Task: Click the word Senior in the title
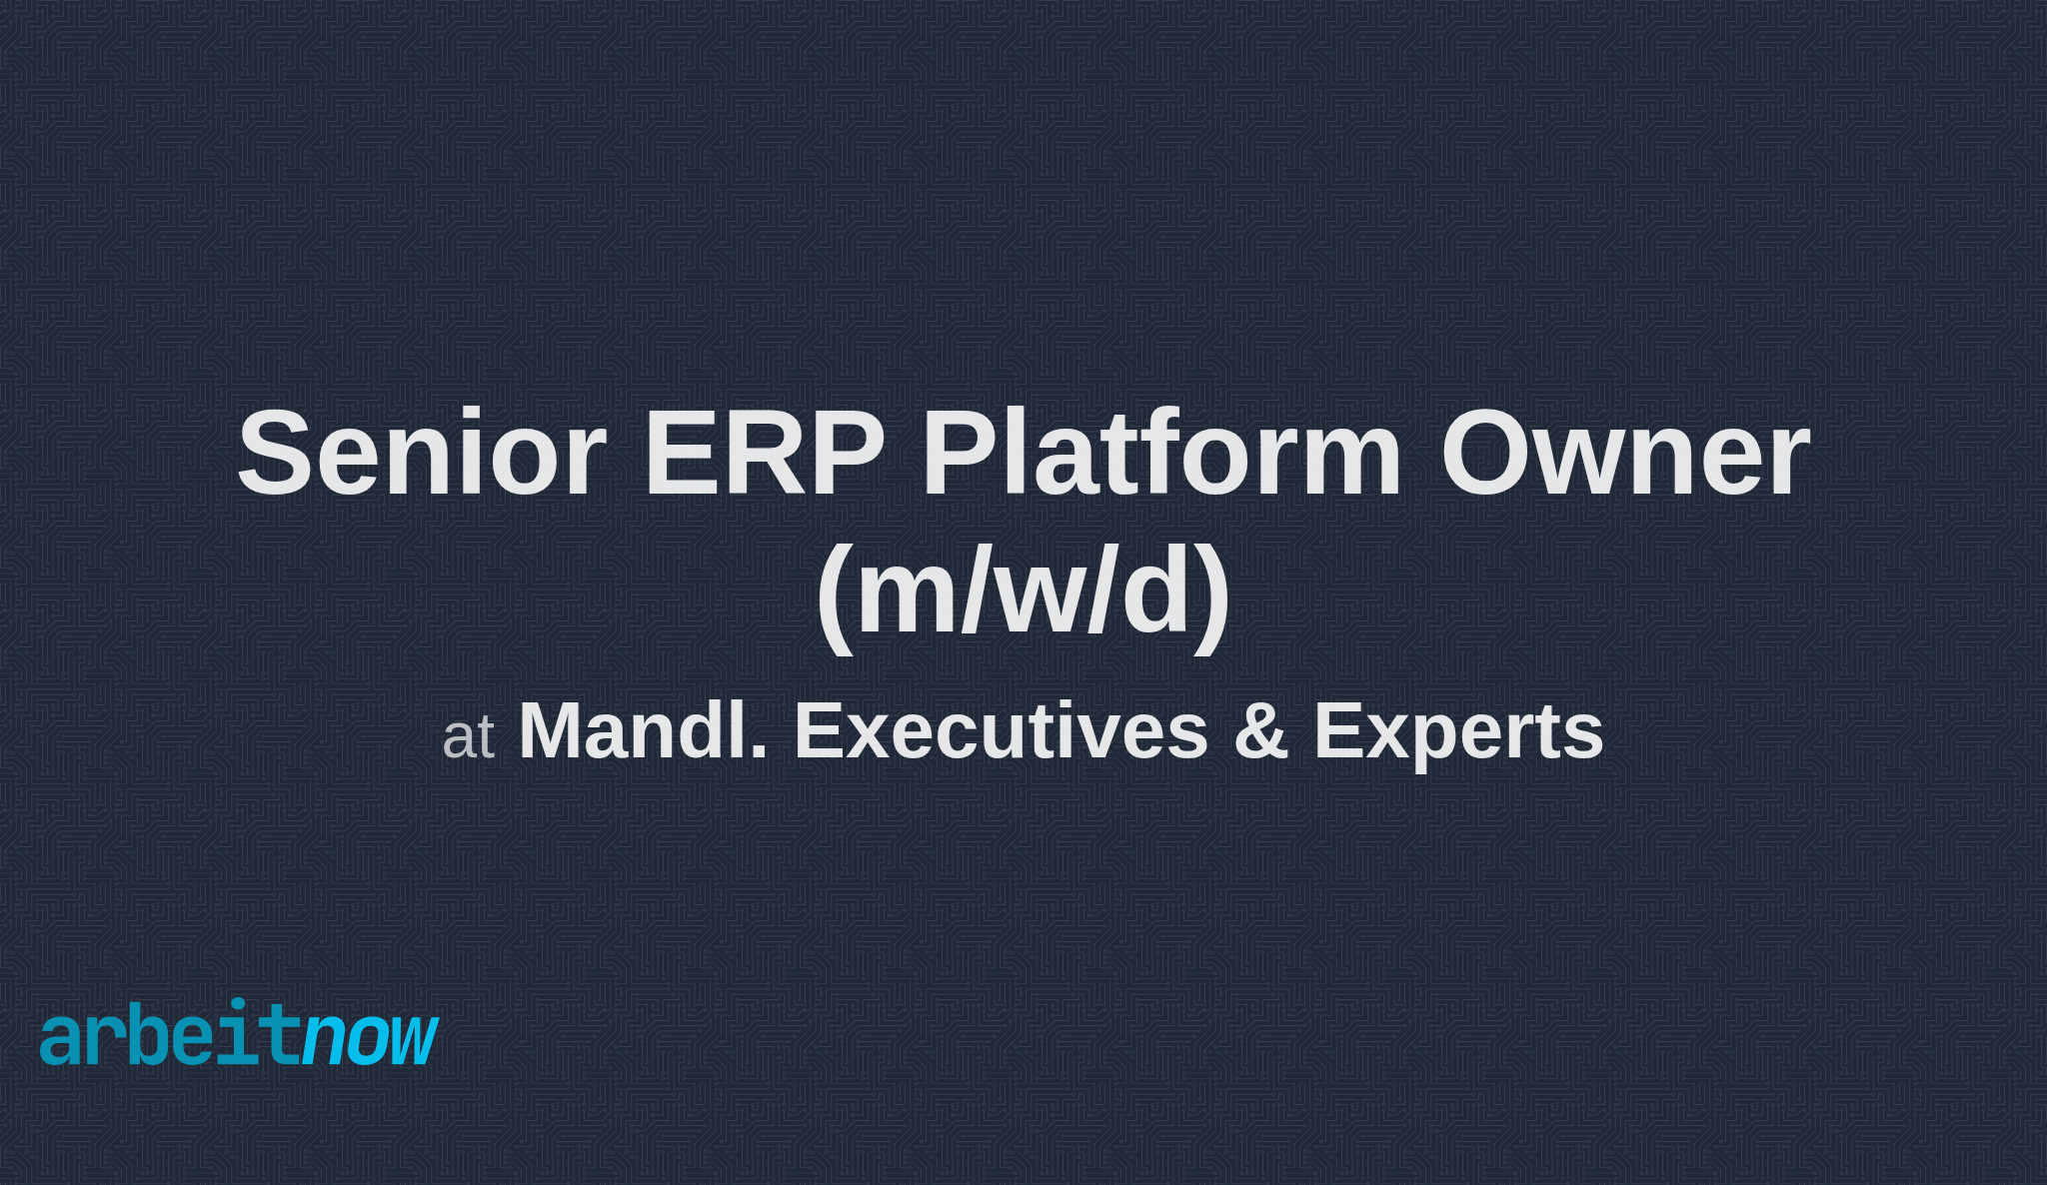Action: click(421, 455)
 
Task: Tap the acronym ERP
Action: click(765, 455)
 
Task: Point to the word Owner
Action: click(1624, 455)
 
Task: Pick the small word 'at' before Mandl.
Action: click(468, 738)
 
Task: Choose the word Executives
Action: click(1001, 731)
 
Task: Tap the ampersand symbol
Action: click(1260, 731)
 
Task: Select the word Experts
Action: click(1458, 731)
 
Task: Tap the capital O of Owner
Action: click(1486, 455)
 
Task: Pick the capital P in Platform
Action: click(959, 455)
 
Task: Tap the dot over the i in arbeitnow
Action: click(238, 1004)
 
